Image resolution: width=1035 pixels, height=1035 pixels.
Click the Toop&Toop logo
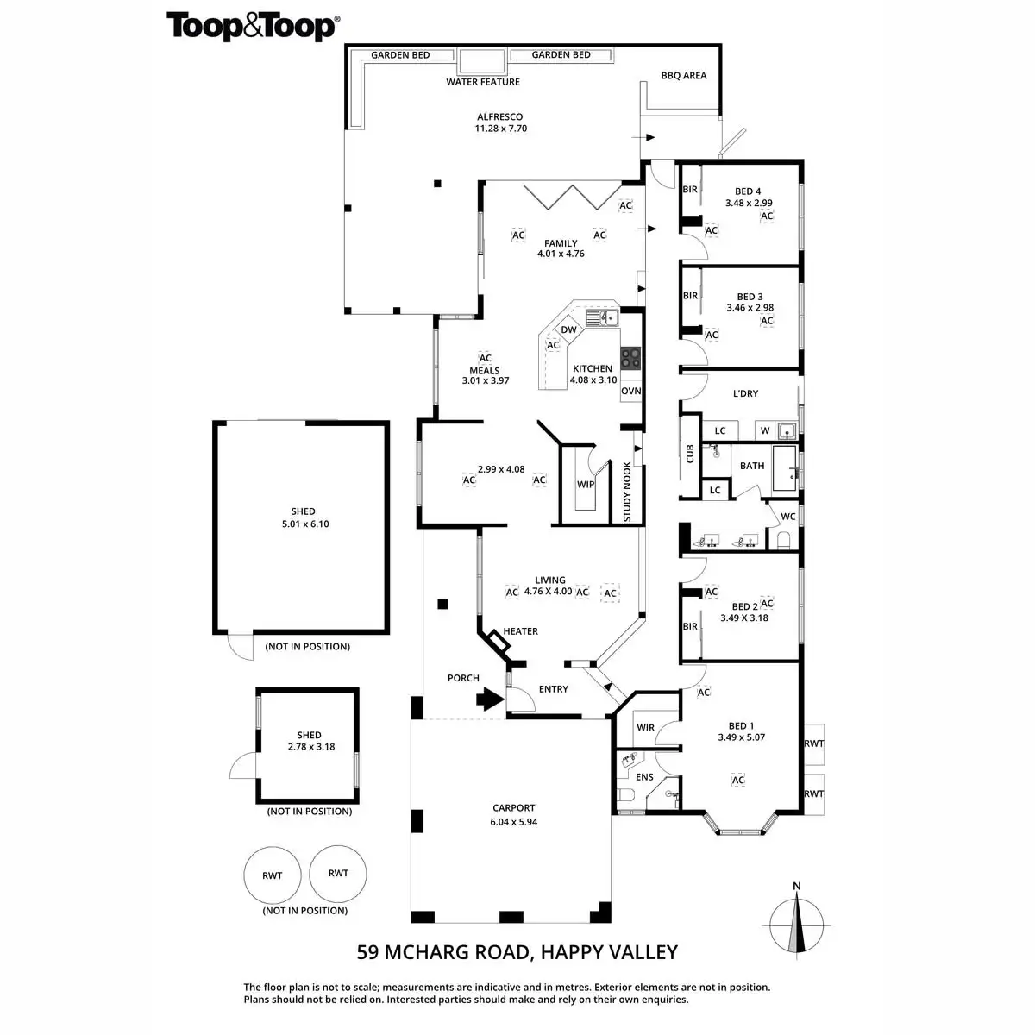point(252,26)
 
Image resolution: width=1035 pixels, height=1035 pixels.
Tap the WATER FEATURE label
point(483,82)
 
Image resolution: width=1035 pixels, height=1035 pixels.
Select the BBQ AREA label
point(684,76)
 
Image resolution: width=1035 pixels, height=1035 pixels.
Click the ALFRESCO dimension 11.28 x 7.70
point(500,129)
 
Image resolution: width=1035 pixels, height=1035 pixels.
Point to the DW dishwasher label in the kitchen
point(568,329)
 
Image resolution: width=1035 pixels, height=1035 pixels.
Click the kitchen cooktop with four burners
point(631,356)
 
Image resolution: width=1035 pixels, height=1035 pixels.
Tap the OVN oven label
point(631,391)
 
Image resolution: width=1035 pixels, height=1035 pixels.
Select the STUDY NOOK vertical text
point(627,492)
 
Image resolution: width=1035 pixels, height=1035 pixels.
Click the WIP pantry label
point(586,485)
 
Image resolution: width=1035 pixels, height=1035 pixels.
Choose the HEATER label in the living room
point(521,631)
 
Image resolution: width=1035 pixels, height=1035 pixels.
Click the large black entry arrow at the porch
point(491,698)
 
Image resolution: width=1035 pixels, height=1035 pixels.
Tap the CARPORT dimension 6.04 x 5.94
point(514,822)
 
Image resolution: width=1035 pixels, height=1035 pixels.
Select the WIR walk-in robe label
point(646,728)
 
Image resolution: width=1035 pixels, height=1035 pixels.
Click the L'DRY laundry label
point(745,393)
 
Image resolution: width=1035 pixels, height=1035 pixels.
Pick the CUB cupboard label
point(690,454)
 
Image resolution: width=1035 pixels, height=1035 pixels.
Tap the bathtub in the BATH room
point(787,469)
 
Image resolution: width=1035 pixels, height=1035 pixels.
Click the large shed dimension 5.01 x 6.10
point(303,524)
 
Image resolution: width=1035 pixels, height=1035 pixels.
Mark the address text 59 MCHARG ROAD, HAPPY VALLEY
point(517,952)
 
